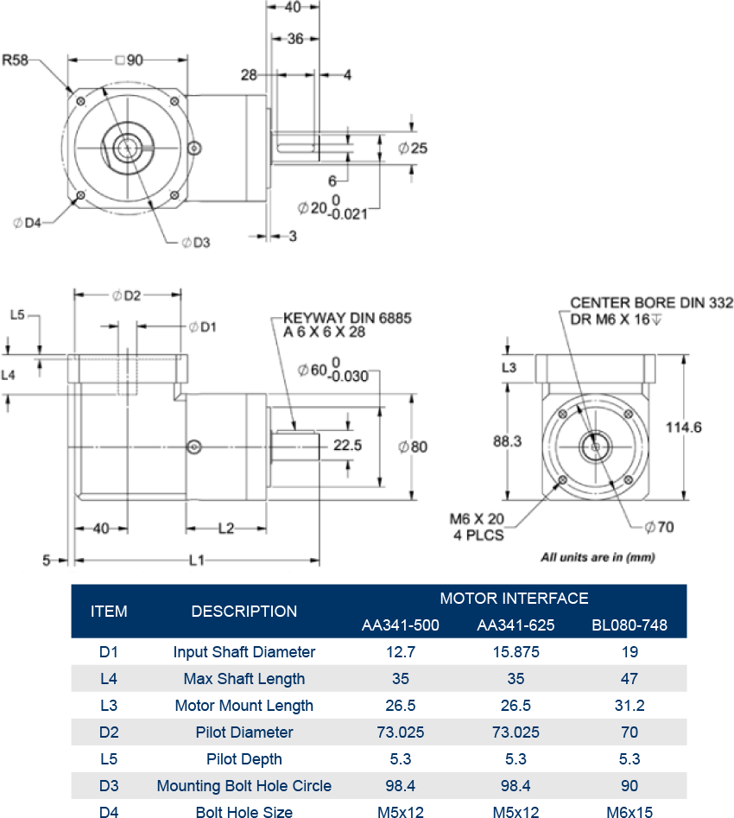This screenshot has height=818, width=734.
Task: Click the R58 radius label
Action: [x=16, y=60]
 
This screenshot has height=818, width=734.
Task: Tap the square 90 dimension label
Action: [x=128, y=60]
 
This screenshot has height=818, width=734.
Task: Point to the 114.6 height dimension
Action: [x=684, y=427]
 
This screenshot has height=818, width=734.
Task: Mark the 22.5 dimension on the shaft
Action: [x=346, y=446]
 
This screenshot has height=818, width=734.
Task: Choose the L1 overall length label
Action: [x=197, y=561]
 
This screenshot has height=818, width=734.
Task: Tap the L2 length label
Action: [x=225, y=529]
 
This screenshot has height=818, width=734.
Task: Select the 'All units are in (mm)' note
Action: [x=598, y=557]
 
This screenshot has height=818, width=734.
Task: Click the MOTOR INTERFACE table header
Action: [x=514, y=599]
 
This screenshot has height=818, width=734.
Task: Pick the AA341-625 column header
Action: [x=515, y=625]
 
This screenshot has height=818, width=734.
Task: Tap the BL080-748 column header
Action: [x=629, y=625]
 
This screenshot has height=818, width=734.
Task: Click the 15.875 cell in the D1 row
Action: [x=515, y=652]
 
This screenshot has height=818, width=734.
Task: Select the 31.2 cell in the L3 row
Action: [x=629, y=706]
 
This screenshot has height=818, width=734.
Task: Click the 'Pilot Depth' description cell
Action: [x=244, y=759]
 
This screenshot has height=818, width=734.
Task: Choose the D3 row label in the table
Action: [x=109, y=786]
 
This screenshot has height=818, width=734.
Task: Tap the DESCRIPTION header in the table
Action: [x=244, y=612]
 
